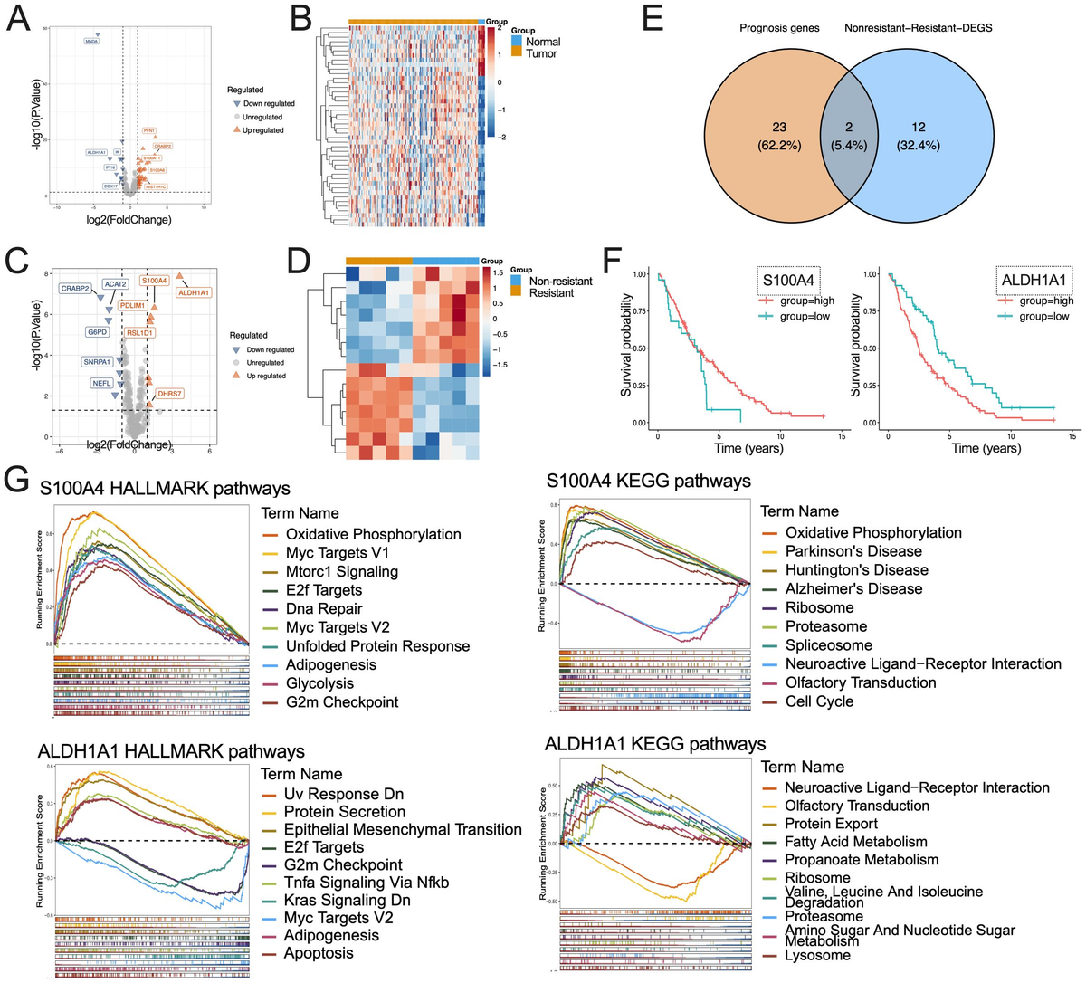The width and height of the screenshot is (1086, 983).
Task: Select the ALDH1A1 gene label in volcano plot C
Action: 194,292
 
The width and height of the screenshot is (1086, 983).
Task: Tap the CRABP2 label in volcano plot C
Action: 75,288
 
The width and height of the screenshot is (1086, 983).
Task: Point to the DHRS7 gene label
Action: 170,394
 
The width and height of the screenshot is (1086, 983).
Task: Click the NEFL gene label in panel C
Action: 101,383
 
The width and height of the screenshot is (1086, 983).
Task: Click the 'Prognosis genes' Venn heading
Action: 779,28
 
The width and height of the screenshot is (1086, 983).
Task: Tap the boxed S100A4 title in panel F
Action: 787,281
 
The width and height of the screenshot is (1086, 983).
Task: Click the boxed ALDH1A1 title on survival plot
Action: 1031,281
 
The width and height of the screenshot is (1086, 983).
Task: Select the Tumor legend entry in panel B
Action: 541,53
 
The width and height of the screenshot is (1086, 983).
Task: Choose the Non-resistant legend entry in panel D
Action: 560,281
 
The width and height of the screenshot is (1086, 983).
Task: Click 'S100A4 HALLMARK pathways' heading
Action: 164,488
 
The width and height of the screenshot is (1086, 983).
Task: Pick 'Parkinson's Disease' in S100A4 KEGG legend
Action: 853,551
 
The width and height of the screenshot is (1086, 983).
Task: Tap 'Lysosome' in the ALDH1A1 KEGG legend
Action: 816,955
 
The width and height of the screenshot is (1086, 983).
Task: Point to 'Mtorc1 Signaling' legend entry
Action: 341,571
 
